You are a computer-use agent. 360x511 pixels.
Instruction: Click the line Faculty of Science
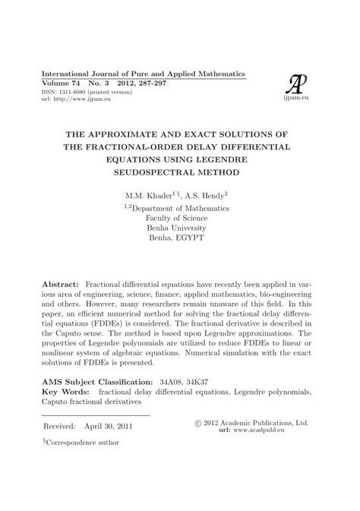[179, 217]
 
